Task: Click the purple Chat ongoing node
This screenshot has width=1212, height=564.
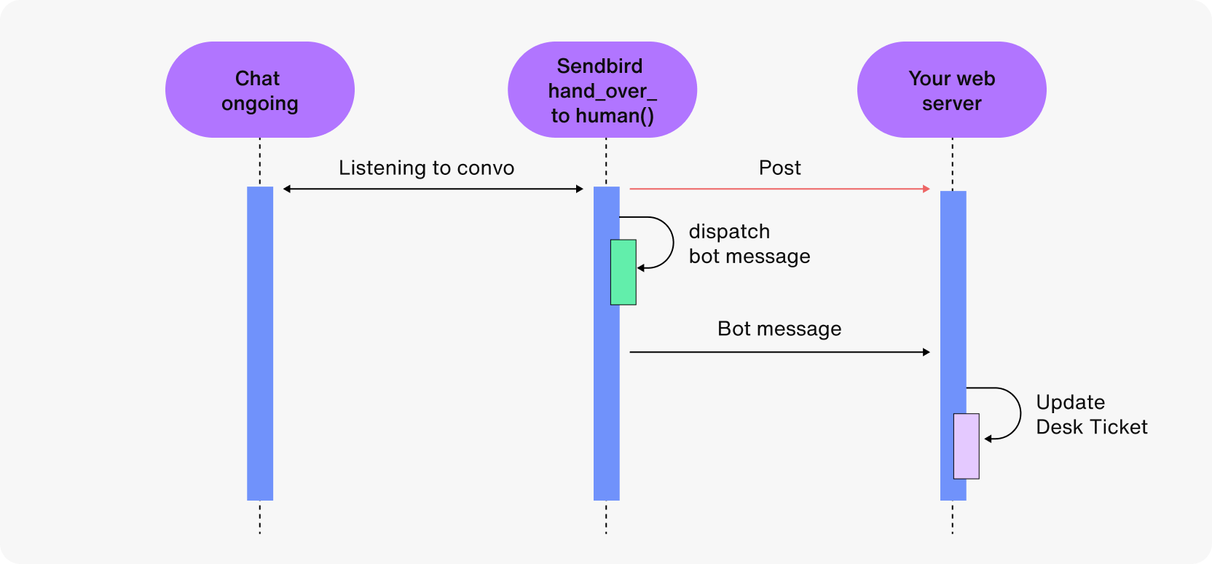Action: coord(259,90)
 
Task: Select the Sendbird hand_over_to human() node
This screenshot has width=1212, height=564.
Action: coord(602,90)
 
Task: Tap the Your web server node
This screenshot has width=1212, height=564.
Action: coord(951,90)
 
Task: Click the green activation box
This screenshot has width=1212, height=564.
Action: coord(623,273)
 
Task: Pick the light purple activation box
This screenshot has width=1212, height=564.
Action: coord(967,446)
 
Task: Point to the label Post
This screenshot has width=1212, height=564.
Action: coord(779,168)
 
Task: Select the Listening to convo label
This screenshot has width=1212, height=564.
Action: coord(426,168)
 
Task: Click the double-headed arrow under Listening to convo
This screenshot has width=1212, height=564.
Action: coord(433,189)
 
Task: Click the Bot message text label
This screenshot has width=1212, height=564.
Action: coord(779,329)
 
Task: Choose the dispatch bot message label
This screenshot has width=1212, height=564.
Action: coord(749,244)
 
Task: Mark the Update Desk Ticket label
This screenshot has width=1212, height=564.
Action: coord(1091,415)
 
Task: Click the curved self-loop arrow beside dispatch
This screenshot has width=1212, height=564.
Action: coord(672,242)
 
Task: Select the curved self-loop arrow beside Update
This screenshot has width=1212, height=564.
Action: coord(1019,413)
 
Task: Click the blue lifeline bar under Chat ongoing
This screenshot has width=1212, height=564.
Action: coord(260,342)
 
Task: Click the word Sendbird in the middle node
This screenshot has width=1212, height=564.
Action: coord(599,66)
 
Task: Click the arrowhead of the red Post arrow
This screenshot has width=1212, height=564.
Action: coord(926,189)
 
